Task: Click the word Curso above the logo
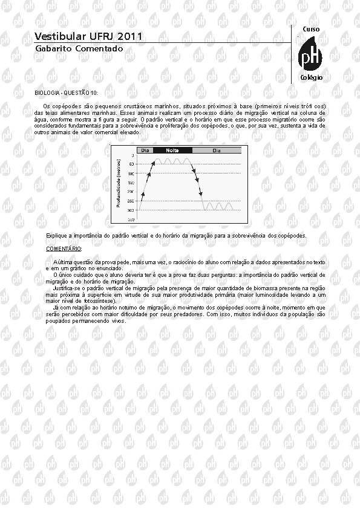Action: pos(311,30)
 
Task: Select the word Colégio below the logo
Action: pos(312,78)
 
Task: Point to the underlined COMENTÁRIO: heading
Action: pos(64,248)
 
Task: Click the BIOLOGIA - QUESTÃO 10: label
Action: pos(66,92)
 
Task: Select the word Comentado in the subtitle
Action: pos(99,48)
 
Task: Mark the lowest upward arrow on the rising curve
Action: pos(143,194)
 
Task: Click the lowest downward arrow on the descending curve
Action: pos(201,193)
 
